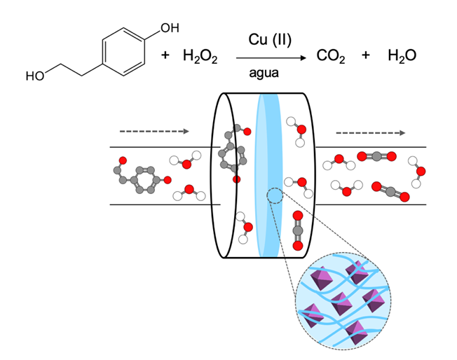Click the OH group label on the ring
point(169,28)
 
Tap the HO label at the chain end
point(34,76)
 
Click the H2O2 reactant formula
point(200,55)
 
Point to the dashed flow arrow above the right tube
point(370,132)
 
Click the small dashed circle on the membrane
point(275,197)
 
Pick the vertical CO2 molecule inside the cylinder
point(297,230)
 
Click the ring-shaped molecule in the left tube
point(141,176)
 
